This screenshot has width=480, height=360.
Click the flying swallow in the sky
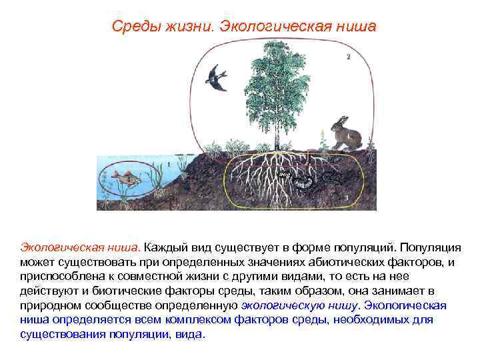pos(217,77)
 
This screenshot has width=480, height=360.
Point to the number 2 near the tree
pos(347,57)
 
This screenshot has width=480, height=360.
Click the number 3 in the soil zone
pos(347,197)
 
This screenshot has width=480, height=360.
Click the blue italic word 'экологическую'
pos(281,305)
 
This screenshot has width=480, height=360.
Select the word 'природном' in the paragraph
pos(48,305)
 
